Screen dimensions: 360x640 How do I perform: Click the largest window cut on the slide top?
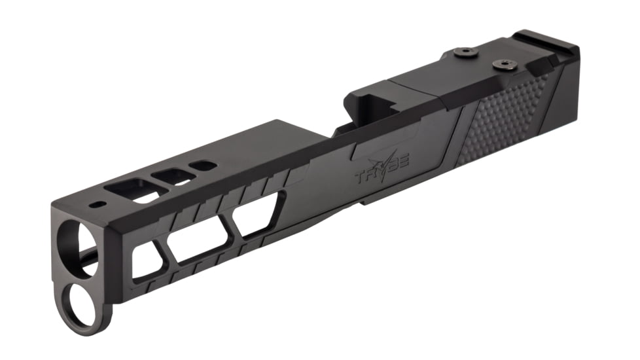134,189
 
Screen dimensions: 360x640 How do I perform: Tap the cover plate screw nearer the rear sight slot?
502,63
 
